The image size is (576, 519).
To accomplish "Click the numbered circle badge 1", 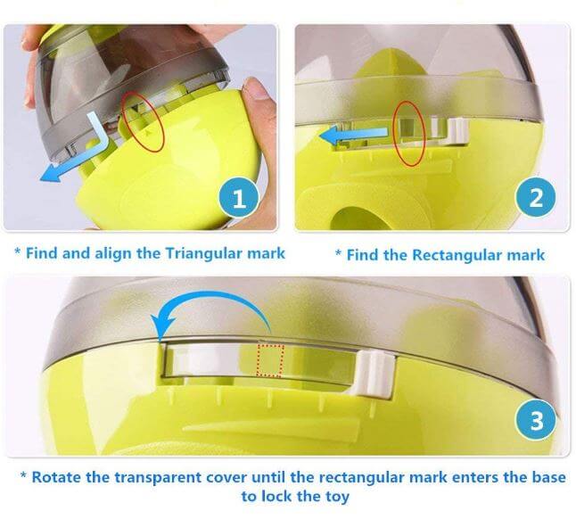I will coord(240,197).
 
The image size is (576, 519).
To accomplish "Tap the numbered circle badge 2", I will coord(535,197).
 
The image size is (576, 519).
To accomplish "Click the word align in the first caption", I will coord(116,253).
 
